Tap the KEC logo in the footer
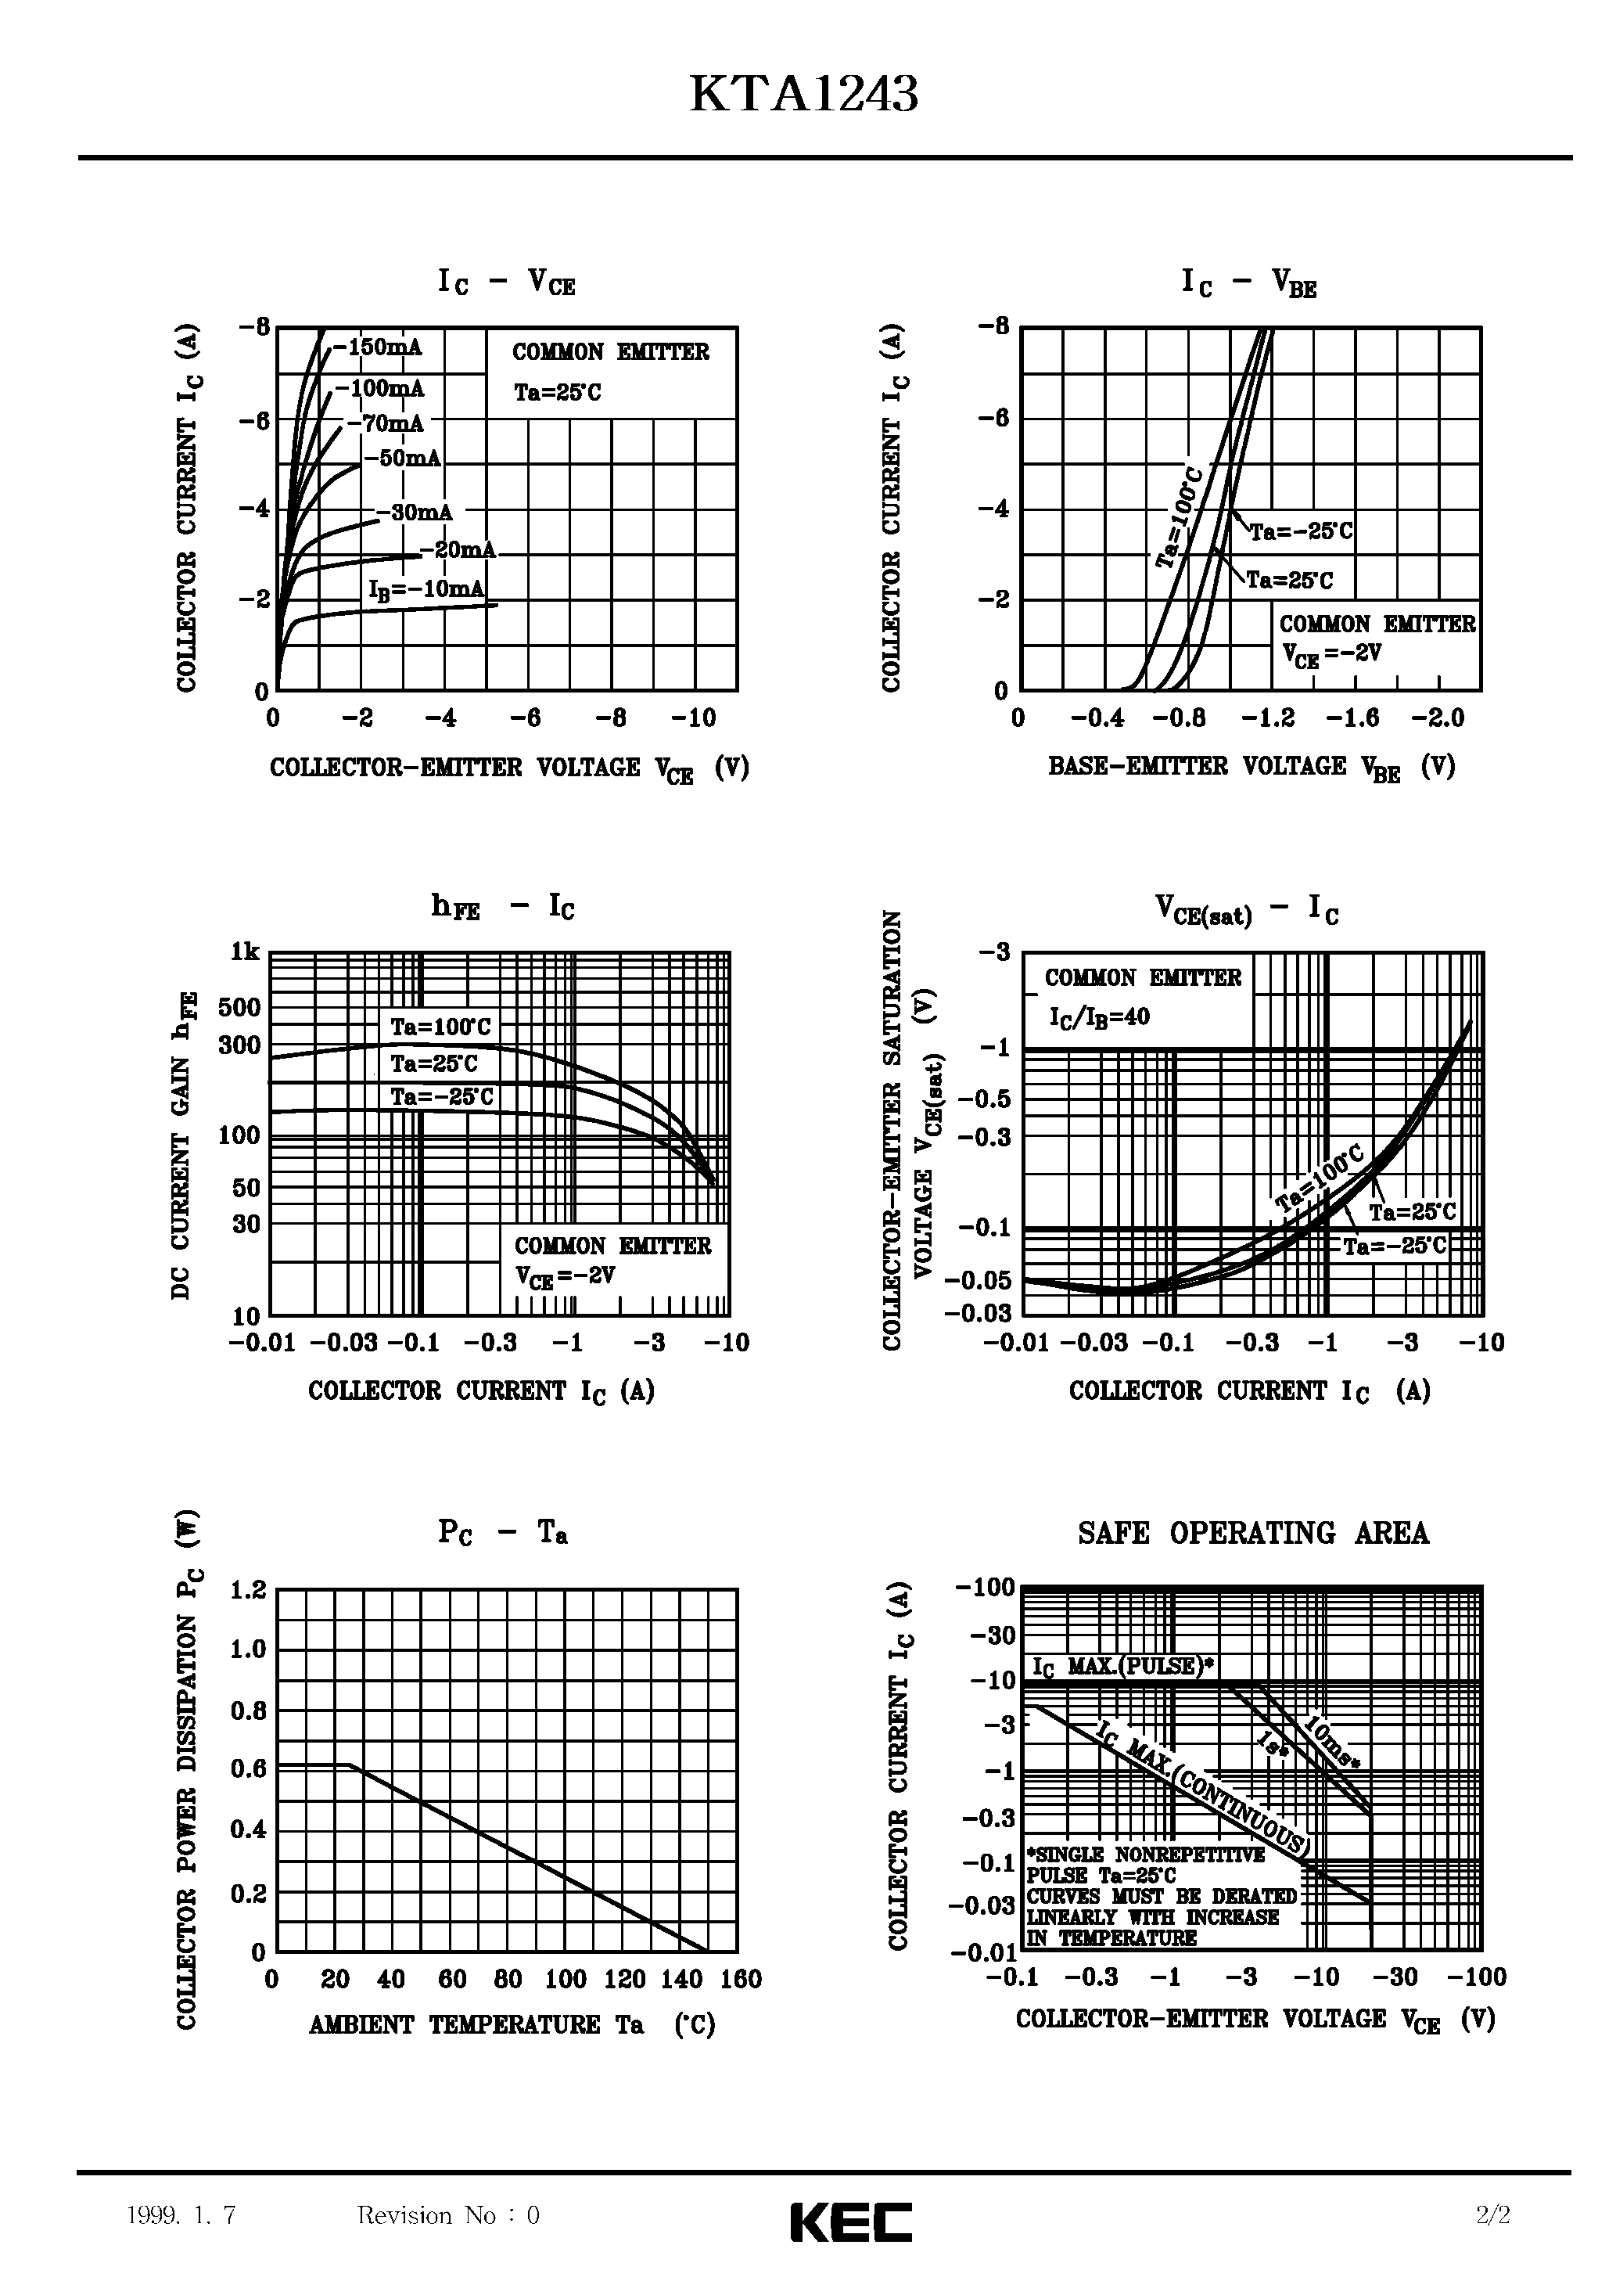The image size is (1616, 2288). click(851, 2221)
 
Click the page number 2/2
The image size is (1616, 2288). click(1492, 2214)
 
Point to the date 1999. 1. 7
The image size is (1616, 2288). click(181, 2214)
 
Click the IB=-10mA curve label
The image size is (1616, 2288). click(426, 589)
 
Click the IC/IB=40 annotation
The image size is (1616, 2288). click(1098, 1016)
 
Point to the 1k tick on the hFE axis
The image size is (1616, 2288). click(244, 952)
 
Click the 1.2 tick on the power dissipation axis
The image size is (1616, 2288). click(248, 1589)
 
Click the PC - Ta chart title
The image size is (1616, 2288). click(502, 1531)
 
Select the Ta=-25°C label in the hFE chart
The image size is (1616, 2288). click(441, 1097)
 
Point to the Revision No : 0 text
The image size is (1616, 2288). click(447, 2214)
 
